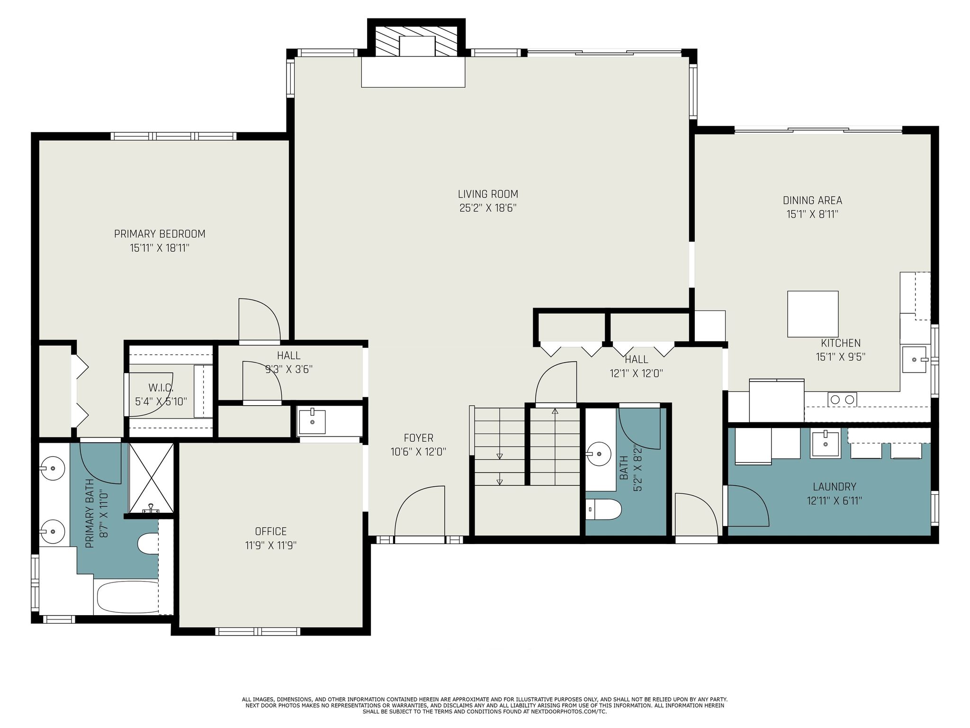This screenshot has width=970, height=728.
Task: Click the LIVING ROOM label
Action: pyautogui.click(x=487, y=194)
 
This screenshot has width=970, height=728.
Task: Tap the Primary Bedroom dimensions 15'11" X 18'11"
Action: pyautogui.click(x=160, y=248)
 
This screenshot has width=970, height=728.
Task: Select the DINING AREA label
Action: pyautogui.click(x=812, y=200)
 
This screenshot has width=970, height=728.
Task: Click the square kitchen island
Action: pyautogui.click(x=813, y=314)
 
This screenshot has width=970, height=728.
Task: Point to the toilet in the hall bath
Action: pyautogui.click(x=603, y=510)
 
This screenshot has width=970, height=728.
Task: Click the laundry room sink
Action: pyautogui.click(x=825, y=445)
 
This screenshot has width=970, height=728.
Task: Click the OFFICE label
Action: pyautogui.click(x=271, y=531)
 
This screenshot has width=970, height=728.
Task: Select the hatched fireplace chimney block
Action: pyautogui.click(x=416, y=40)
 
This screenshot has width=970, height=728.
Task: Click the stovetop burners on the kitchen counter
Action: pyautogui.click(x=843, y=400)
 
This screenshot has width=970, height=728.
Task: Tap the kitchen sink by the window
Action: pyautogui.click(x=914, y=360)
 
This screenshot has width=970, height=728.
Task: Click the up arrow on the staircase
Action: pyautogui.click(x=555, y=411)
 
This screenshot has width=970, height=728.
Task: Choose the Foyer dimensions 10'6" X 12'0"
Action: pyautogui.click(x=418, y=452)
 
